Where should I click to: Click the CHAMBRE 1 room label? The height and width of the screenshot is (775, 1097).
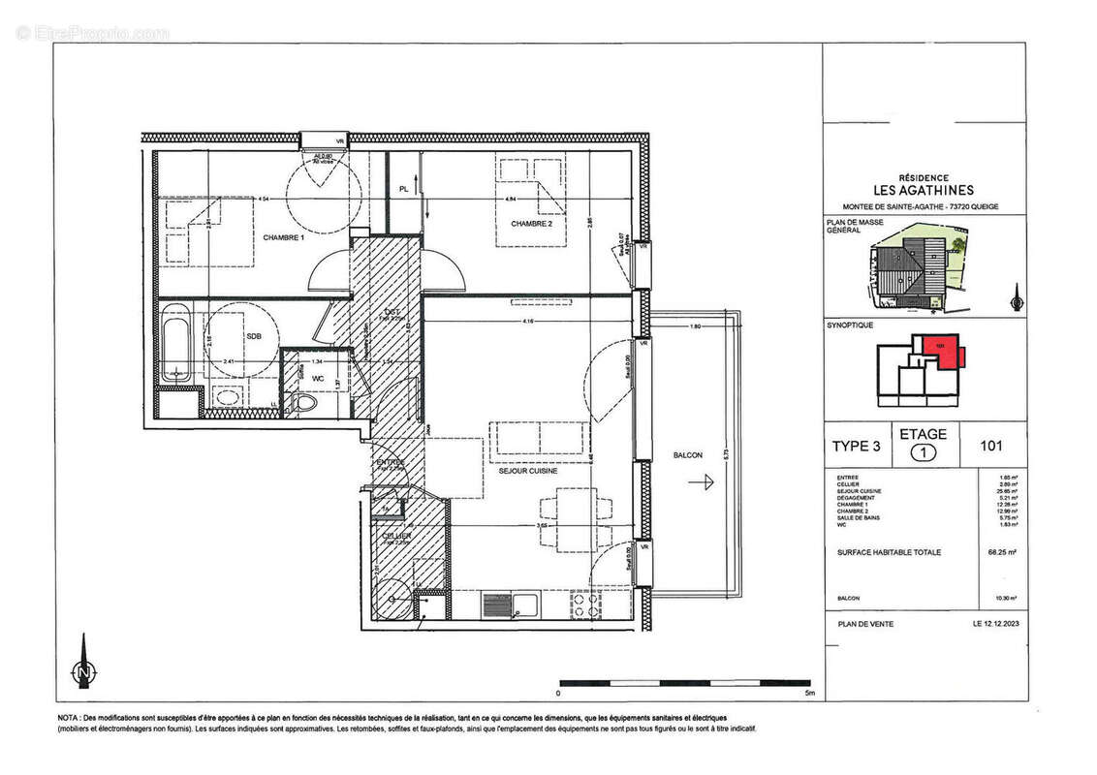pos(282,237)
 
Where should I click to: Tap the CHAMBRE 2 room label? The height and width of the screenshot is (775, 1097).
pos(532,224)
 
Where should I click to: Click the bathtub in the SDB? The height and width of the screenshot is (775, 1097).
pos(177,344)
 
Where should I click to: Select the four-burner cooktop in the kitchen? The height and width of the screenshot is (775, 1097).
pos(586,604)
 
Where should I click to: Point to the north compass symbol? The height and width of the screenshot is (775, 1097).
pos(84,666)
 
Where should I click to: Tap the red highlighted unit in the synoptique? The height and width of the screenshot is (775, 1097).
pos(941,350)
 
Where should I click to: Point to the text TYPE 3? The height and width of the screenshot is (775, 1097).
pos(857,447)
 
